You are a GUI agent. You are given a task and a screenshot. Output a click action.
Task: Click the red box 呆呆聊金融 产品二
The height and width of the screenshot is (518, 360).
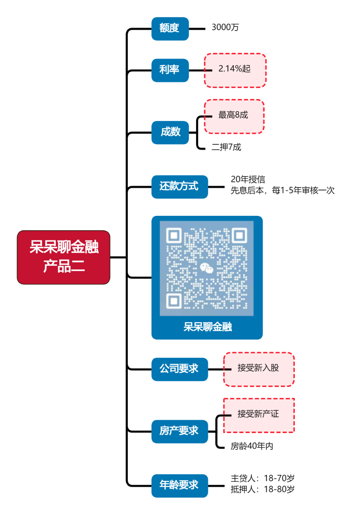[x=63, y=257]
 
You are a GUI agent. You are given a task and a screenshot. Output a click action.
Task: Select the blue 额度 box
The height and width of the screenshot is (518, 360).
[x=170, y=29]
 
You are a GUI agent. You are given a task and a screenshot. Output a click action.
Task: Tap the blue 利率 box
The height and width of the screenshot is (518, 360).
[x=170, y=70]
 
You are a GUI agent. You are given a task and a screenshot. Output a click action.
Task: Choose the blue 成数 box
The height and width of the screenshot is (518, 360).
[x=170, y=132]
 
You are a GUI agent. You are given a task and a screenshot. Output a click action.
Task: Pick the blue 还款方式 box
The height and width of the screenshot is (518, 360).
[x=179, y=187]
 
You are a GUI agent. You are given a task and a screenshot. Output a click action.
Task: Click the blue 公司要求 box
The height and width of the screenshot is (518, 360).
[x=179, y=369]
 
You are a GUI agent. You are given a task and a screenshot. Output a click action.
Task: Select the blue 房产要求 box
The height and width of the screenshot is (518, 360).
[x=179, y=431]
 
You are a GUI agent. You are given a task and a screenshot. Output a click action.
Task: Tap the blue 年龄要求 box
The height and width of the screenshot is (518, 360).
[x=179, y=485]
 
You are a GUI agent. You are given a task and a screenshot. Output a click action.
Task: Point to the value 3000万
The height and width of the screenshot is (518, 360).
[x=225, y=27]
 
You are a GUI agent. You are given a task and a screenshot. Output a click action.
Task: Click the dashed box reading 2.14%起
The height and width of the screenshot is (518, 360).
[x=235, y=70]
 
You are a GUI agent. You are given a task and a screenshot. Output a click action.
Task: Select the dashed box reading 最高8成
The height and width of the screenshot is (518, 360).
[x=234, y=116]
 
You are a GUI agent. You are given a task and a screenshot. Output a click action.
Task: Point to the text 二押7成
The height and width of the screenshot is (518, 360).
[x=226, y=147]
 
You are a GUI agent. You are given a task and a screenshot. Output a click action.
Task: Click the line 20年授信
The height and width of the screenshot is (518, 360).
[x=248, y=179]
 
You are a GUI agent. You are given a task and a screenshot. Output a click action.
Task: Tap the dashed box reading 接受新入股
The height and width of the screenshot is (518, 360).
[x=259, y=369]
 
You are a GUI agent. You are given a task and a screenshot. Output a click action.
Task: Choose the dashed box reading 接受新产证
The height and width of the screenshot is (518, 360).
[x=259, y=415]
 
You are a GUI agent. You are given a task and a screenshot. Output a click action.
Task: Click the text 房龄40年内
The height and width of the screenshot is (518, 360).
[x=252, y=446]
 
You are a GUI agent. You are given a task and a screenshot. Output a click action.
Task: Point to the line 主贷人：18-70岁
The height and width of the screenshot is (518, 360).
[x=263, y=479]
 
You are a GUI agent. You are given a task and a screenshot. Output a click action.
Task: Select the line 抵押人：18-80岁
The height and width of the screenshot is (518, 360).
[x=263, y=490]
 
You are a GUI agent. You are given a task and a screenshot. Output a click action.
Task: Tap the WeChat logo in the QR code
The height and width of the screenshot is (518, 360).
[x=207, y=268]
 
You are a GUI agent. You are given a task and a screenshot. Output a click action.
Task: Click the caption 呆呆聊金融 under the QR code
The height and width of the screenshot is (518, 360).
[x=207, y=327]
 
